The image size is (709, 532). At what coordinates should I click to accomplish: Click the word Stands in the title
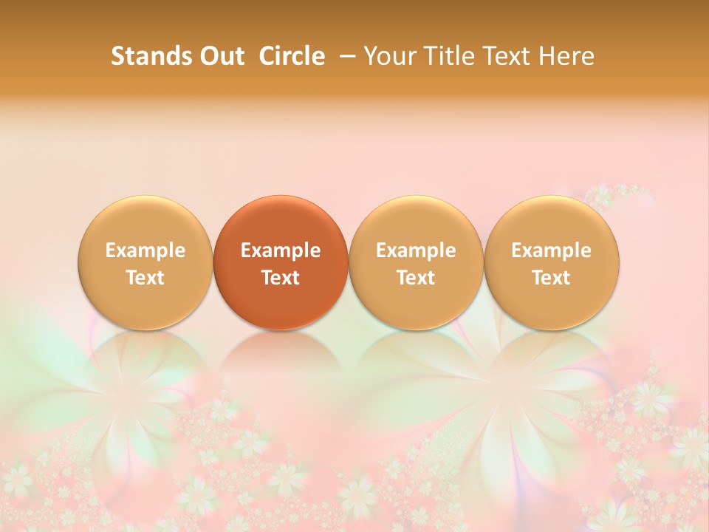[142, 56]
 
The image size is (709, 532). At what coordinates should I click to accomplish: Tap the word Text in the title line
[510, 56]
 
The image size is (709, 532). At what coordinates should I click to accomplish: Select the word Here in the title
[569, 56]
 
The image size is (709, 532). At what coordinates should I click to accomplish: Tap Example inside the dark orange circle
[281, 250]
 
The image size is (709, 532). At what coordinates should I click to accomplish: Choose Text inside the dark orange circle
[281, 278]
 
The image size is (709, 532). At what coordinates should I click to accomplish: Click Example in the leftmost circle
[145, 250]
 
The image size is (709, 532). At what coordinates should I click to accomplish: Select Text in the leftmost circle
[145, 278]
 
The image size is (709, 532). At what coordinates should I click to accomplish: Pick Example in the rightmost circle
[552, 250]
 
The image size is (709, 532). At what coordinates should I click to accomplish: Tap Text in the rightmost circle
[552, 278]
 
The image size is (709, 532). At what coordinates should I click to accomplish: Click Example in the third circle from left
[416, 250]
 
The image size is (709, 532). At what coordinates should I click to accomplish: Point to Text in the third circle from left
[416, 278]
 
